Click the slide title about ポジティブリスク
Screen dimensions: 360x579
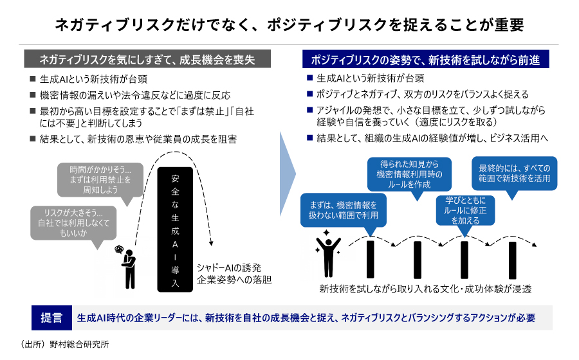[289, 24]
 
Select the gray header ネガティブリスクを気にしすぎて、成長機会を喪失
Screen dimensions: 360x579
[147, 60]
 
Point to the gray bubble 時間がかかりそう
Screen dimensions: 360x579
[100, 180]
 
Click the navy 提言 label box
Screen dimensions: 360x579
[51, 318]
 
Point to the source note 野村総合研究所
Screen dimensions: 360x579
[64, 344]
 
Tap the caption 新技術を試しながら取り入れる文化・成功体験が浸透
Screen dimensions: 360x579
[425, 287]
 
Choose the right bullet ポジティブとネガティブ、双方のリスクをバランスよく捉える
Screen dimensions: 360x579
[421, 94]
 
